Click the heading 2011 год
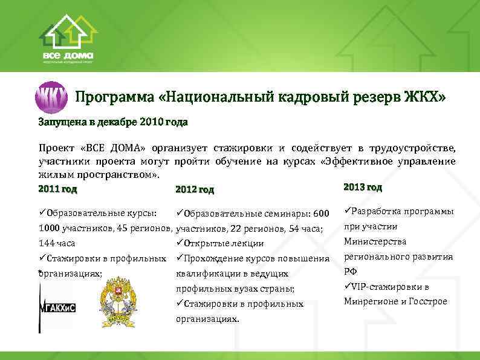pos(57,189)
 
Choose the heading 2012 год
pos(194,190)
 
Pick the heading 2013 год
pos(362,186)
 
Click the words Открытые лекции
pos(223,244)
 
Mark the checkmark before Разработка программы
pos(346,211)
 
